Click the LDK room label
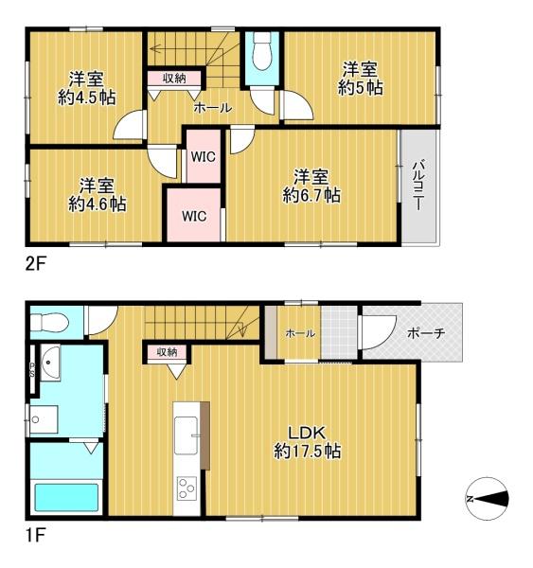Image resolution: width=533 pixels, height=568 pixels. tap(307, 433)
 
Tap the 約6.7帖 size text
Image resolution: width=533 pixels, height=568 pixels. tap(311, 196)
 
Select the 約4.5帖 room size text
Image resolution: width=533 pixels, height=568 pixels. tap(86, 98)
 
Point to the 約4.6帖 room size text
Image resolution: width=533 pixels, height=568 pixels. tap(98, 204)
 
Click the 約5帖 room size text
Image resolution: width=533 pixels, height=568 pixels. tap(361, 87)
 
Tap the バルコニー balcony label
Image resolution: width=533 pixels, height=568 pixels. tap(418, 185)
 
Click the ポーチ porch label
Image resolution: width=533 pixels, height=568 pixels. tap(426, 332)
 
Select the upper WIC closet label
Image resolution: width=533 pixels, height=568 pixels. tap(204, 157)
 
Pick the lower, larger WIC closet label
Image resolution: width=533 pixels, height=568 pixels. tap(194, 216)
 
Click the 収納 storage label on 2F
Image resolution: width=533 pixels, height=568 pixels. tap(174, 78)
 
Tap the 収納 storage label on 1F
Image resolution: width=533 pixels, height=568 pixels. tap(167, 351)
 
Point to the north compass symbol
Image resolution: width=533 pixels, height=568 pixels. tap(487, 499)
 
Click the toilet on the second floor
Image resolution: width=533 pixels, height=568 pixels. tap(262, 51)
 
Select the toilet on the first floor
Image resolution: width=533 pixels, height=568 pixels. tap(49, 322)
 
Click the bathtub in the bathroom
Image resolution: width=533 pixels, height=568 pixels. tap(66, 497)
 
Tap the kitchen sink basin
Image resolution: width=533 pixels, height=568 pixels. tap(186, 435)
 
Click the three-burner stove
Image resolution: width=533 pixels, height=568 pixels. tap(187, 488)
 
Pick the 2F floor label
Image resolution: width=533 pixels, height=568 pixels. tap(35, 264)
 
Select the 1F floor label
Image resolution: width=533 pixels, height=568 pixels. tap(35, 536)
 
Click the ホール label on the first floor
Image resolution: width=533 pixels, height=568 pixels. tap(300, 333)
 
